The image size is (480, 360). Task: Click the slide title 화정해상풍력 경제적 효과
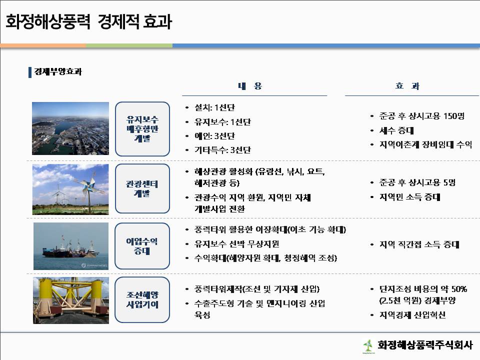pos(89,21)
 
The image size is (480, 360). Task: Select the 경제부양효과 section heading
pos(58,71)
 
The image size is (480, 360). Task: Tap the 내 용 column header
pos(250,86)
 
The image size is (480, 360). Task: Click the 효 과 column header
pos(407,86)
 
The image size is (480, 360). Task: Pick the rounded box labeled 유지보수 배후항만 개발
pos(142,129)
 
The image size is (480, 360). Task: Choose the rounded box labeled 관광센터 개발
pos(142,188)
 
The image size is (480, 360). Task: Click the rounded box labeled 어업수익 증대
pos(142,246)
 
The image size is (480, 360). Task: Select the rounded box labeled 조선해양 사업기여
pos(142,299)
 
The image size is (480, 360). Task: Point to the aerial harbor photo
pos(70,128)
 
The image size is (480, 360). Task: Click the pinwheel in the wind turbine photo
pos(89,186)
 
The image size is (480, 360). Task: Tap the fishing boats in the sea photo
pos(70,248)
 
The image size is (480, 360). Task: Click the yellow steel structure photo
pos(71,300)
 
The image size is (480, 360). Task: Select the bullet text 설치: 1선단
pos(214,107)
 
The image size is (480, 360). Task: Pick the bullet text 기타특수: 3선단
pos(222,150)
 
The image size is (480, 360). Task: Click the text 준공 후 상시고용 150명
pos(422,116)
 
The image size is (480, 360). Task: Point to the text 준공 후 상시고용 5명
pos(417,183)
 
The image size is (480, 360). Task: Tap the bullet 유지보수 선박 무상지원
pos(236,244)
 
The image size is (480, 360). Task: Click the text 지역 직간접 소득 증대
pos(419,244)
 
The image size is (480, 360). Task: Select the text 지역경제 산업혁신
pos(412,315)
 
